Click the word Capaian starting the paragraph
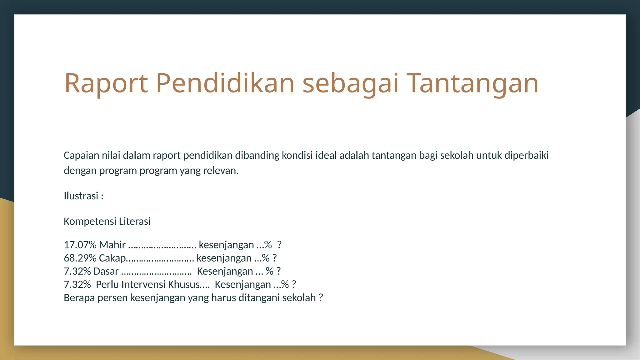coord(81,155)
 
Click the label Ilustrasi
coord(81,196)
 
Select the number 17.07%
coord(80,245)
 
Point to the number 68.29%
coord(80,258)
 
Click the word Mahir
coord(112,245)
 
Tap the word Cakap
coord(112,258)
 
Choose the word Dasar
coord(106,271)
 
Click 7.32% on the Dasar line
coord(77,271)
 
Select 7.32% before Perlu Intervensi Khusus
coord(77,285)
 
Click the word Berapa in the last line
coord(79,298)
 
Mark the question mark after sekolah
coord(321,298)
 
